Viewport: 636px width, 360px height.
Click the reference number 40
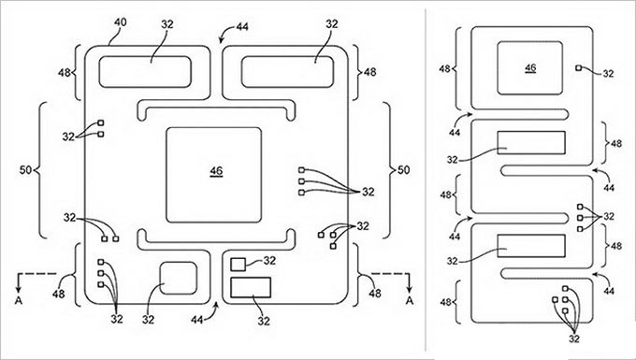tap(120, 22)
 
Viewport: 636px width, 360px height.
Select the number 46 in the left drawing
tap(216, 171)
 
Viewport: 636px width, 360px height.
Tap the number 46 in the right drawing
tap(530, 68)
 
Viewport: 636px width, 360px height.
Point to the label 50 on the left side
tap(25, 170)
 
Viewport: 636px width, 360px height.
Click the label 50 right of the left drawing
tap(403, 170)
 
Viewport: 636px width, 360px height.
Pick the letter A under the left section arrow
tap(18, 300)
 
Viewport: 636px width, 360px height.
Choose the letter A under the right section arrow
tap(410, 300)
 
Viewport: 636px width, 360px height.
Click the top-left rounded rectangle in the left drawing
tap(145, 72)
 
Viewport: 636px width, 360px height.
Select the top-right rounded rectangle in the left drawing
tap(287, 72)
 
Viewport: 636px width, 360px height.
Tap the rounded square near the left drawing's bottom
tap(178, 278)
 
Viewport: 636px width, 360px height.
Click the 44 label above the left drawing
tap(242, 27)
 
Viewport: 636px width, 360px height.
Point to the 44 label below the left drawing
tap(197, 320)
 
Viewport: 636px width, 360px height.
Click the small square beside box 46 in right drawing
tap(578, 67)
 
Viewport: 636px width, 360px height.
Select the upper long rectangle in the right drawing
tap(531, 143)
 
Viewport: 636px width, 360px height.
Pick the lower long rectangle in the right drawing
tap(531, 246)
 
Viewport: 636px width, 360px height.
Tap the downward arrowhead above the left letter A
tap(18, 289)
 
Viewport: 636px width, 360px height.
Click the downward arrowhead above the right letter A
tap(410, 289)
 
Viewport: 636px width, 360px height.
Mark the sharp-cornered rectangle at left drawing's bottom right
tap(251, 287)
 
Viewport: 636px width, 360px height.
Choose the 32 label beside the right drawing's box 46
tap(608, 73)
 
